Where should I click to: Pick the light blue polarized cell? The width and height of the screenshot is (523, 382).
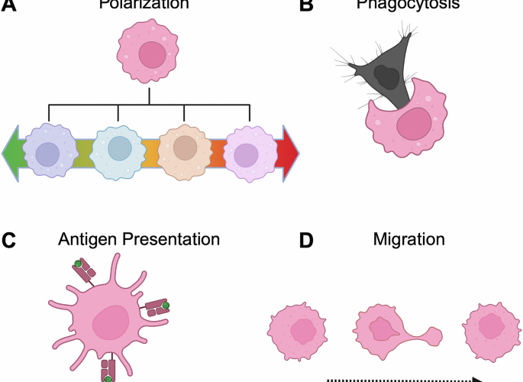point(118,151)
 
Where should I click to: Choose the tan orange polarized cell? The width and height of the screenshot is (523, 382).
point(184,150)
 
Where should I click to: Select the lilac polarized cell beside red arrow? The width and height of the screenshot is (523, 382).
point(248,152)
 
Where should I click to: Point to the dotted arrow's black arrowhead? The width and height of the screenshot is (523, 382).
point(475,378)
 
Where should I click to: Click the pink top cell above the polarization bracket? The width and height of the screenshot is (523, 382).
point(150,55)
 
